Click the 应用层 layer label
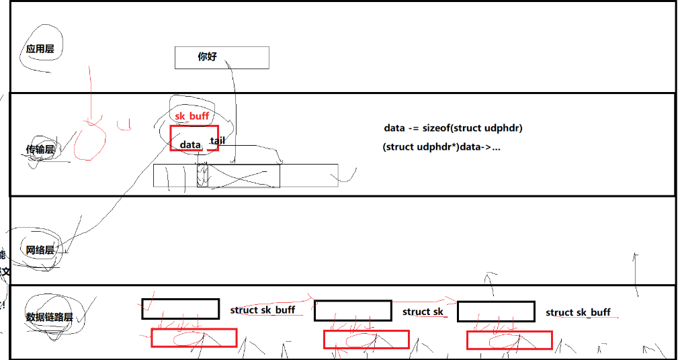(x=40, y=49)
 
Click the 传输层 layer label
(x=40, y=149)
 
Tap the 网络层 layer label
(x=40, y=251)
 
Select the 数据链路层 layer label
(x=49, y=317)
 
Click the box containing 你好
(x=222, y=57)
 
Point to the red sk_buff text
(x=192, y=116)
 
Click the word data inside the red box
(x=190, y=144)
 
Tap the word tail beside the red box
(x=217, y=140)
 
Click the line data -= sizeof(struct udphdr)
(x=454, y=128)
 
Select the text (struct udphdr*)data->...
(x=441, y=147)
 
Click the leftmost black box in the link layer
(x=181, y=309)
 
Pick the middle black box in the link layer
(x=353, y=311)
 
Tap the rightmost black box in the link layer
(x=496, y=312)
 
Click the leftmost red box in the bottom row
(x=194, y=338)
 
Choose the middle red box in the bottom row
(x=366, y=340)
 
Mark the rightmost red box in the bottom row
(x=509, y=341)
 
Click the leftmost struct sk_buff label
(x=263, y=310)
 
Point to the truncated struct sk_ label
(x=423, y=312)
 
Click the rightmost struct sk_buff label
(x=578, y=312)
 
